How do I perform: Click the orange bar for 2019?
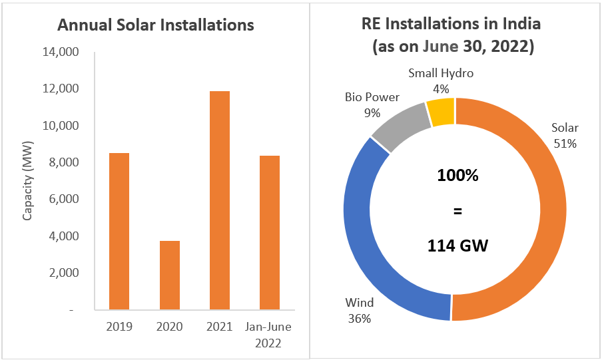click(x=120, y=231)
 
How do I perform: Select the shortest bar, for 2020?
click(x=170, y=275)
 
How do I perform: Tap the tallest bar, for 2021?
click(x=220, y=200)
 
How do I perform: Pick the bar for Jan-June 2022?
click(x=270, y=232)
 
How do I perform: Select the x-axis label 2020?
click(x=170, y=327)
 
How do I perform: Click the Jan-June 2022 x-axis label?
click(x=270, y=335)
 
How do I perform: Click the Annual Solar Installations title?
click(x=156, y=25)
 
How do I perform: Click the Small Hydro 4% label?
click(x=441, y=81)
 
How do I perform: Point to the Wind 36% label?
click(x=359, y=310)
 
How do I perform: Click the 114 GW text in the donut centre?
click(x=458, y=246)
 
